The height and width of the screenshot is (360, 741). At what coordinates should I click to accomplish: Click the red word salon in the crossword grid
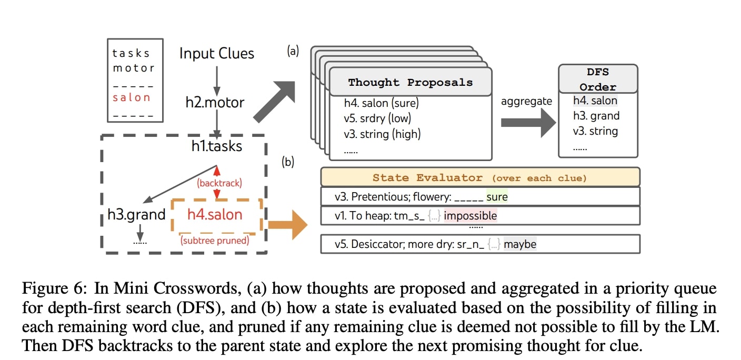tap(132, 97)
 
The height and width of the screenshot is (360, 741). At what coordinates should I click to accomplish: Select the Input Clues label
tap(216, 54)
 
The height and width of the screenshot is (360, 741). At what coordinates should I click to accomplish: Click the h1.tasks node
tap(216, 146)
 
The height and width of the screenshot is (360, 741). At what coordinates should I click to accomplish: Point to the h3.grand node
tap(137, 215)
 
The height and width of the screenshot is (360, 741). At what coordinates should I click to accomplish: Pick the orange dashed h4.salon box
tap(216, 215)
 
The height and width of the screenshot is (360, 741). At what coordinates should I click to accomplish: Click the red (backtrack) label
tap(219, 183)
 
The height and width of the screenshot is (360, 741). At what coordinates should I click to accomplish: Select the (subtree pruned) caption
tap(215, 241)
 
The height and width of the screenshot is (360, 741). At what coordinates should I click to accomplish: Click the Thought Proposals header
tap(410, 82)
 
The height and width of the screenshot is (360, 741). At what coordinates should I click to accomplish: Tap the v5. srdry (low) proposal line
tap(377, 118)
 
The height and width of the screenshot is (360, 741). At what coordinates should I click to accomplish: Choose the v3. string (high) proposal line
tap(382, 134)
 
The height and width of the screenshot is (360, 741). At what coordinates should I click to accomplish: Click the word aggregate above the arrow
tap(526, 101)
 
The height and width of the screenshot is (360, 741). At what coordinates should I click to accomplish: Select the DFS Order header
tap(597, 79)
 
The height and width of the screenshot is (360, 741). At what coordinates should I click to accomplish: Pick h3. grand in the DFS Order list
tap(596, 116)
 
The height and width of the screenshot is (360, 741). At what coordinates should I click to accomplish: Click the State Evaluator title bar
tap(479, 177)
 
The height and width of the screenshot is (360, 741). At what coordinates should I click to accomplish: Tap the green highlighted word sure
tap(497, 197)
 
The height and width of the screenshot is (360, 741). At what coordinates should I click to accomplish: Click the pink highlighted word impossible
tap(469, 216)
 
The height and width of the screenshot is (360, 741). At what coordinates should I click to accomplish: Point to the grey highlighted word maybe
tap(520, 244)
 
